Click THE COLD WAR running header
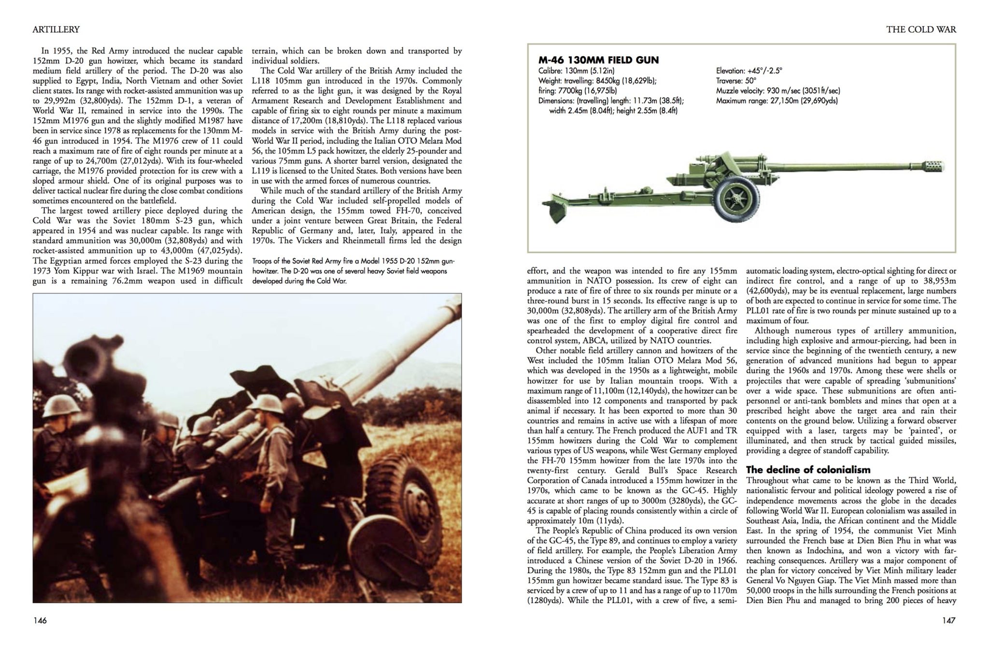(921, 29)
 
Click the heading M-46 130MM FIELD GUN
(598, 60)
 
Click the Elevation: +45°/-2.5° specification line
(749, 71)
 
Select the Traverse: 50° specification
(736, 81)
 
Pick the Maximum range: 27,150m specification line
(777, 101)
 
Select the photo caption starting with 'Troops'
(353, 271)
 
